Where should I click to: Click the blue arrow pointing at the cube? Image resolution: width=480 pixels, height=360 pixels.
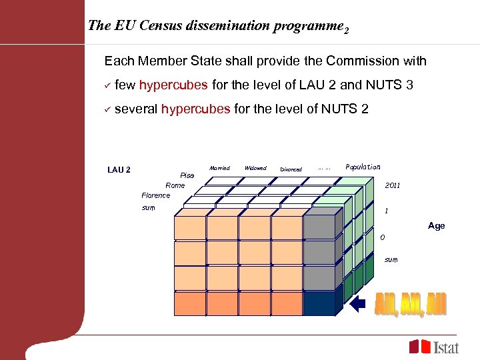pos(357,304)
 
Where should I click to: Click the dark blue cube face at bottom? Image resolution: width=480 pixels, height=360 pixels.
pos(319,303)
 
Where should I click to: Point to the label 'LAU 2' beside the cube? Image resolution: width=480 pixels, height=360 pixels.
pos(119,170)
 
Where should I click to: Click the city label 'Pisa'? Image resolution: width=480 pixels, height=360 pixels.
pos(187,175)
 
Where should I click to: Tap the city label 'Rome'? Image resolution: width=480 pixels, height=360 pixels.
pos(175,185)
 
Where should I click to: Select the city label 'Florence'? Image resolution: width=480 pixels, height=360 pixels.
pos(155,195)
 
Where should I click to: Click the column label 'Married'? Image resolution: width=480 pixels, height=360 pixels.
pos(219,168)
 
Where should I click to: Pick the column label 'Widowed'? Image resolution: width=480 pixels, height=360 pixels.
pos(255,168)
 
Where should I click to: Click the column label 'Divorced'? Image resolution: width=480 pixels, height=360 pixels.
pos(291,169)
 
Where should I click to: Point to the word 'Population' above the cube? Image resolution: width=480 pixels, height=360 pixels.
pos(363,167)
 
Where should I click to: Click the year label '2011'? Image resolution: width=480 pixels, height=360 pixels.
pos(393,185)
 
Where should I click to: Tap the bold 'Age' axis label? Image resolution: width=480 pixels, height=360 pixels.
pos(437,226)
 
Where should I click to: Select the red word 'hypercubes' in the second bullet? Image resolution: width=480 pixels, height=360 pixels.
pos(195,109)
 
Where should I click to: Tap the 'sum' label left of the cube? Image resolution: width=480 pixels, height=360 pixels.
pos(149,208)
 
